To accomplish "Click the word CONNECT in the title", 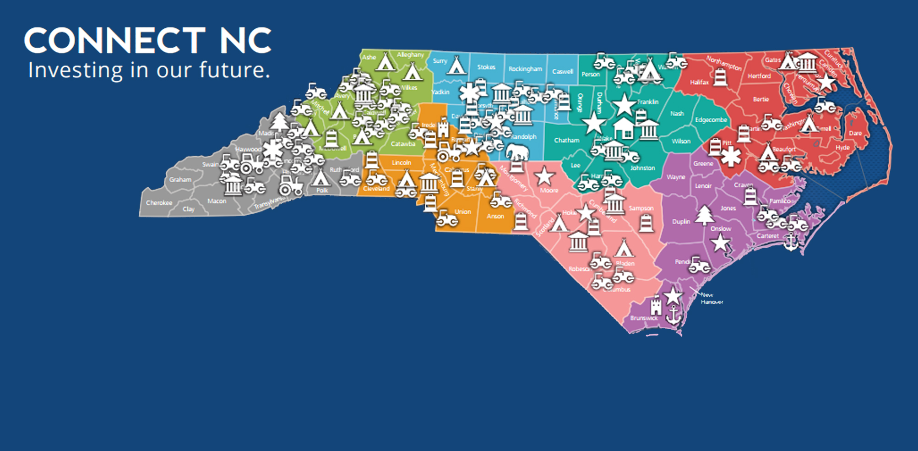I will (x=115, y=41).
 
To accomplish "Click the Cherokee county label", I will (x=159, y=203).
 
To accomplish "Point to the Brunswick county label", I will (x=644, y=318).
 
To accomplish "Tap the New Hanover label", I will (x=712, y=299).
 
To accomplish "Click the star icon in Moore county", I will (x=544, y=176).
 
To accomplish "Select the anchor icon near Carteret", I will (x=791, y=241).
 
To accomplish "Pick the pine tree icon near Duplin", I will (x=705, y=215).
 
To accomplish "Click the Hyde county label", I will (x=842, y=147).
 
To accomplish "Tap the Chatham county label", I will (x=566, y=140).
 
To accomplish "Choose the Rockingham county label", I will (x=525, y=69).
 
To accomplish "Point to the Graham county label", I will (x=180, y=179).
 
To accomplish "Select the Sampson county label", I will (x=641, y=208).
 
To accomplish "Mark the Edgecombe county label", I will (x=711, y=120).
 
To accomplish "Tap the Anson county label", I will (x=495, y=216).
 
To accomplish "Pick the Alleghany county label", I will (x=410, y=55).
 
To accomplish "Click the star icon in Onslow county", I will (x=720, y=243).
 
